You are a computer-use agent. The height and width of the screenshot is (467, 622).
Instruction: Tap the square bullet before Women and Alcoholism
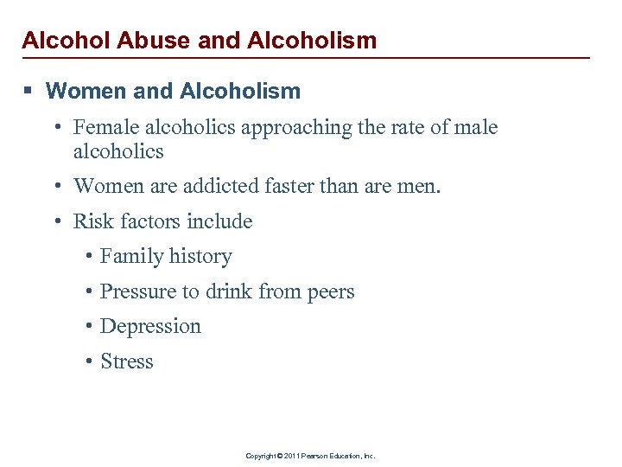coord(29,91)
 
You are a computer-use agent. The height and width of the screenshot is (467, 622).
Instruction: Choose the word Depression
coord(150,327)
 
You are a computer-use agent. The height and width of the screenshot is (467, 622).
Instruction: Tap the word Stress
coord(126,361)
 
